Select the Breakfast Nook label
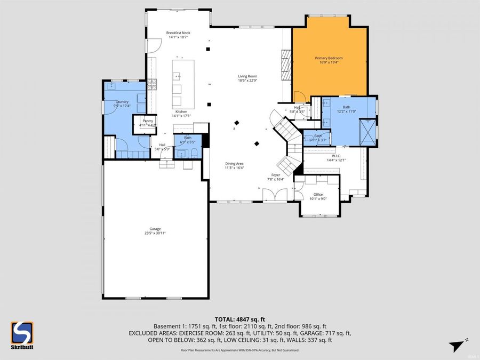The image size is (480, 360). click(178, 33)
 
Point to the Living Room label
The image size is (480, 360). click(247, 76)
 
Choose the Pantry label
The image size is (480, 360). click(147, 121)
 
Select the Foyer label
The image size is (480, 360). click(275, 174)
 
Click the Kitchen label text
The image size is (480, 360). click(181, 111)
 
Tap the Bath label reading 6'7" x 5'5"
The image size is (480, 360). click(188, 138)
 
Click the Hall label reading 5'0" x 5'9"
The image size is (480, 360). click(162, 145)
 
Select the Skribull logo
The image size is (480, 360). click(22, 334)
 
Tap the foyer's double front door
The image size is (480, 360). click(276, 195)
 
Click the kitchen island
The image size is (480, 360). click(183, 83)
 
